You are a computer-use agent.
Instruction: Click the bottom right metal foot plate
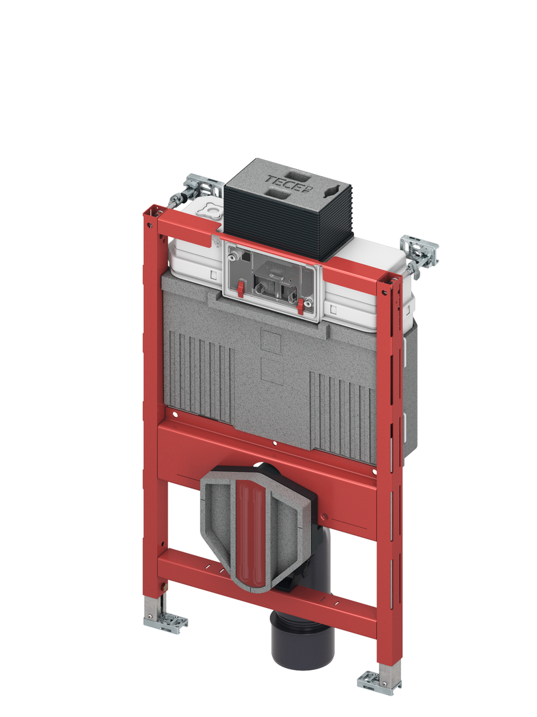coord(379,681)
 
